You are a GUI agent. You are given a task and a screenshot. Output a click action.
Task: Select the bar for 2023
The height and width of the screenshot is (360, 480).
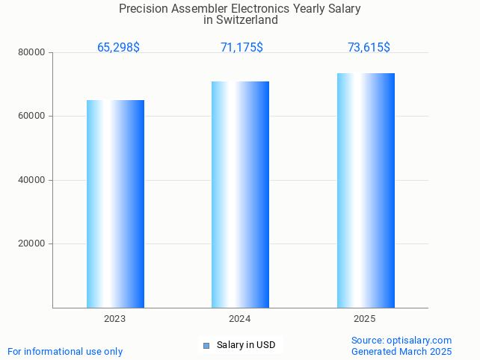coord(115,204)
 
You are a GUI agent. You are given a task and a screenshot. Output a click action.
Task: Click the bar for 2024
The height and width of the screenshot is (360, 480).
coord(240,194)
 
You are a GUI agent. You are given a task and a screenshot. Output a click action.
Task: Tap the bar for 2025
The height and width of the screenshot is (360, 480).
coord(366,190)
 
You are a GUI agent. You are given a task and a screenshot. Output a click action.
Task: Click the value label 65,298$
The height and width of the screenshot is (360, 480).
coord(118,48)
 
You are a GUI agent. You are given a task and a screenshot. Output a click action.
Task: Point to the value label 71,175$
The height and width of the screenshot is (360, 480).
coord(241,48)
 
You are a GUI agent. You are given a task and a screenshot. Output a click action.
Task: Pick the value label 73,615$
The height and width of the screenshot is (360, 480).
coord(369,48)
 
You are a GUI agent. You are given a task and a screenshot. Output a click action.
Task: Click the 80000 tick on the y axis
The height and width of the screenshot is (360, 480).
coord(31,52)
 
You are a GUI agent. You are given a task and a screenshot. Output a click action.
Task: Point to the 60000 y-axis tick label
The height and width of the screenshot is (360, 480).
coord(31,117)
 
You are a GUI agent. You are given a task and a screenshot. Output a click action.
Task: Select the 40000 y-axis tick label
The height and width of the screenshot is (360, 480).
coord(31,180)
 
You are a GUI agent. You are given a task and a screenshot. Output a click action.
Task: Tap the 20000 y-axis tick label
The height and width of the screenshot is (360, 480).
coord(31,243)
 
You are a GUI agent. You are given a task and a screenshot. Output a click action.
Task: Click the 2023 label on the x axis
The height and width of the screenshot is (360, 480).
coord(114,319)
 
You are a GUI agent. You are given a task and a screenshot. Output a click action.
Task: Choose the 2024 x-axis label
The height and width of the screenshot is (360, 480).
coord(240,319)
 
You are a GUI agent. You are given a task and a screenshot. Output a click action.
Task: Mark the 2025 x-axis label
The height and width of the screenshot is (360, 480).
coord(365,319)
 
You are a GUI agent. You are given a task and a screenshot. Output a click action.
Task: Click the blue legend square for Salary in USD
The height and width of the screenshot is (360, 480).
coord(206,345)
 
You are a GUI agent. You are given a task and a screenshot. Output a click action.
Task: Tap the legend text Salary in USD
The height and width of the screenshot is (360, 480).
coord(246,345)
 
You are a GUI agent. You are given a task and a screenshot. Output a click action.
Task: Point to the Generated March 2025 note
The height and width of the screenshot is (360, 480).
coord(401,351)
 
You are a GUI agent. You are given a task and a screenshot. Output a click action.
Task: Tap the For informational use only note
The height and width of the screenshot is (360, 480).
coord(65,351)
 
